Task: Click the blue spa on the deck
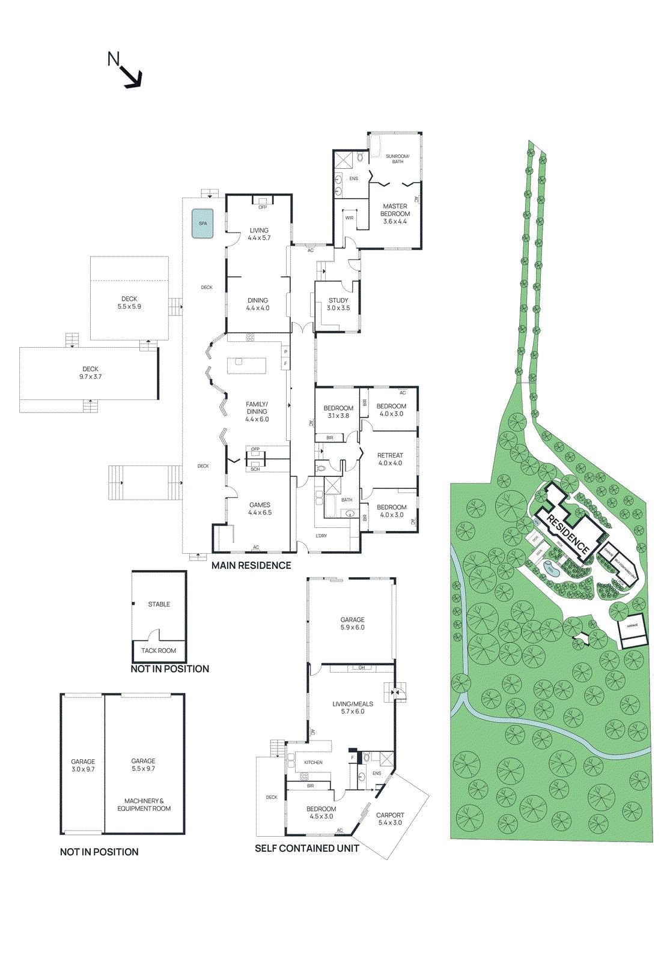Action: pyautogui.click(x=203, y=223)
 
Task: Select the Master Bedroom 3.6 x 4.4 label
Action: pyautogui.click(x=395, y=214)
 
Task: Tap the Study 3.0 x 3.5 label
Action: pyautogui.click(x=338, y=304)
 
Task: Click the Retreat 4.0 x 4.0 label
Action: pyautogui.click(x=390, y=459)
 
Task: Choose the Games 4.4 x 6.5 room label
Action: pyautogui.click(x=260, y=509)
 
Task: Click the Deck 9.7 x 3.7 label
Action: pyautogui.click(x=90, y=373)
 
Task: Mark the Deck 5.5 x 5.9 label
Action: pyautogui.click(x=129, y=303)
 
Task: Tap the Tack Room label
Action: pyautogui.click(x=159, y=650)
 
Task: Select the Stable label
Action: pyautogui.click(x=159, y=604)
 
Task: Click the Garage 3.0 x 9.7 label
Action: pyautogui.click(x=83, y=765)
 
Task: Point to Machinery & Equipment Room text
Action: pyautogui.click(x=144, y=805)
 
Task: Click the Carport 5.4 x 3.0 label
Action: pyautogui.click(x=390, y=819)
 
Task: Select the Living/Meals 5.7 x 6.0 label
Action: pyautogui.click(x=353, y=708)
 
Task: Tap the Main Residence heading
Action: pyautogui.click(x=251, y=566)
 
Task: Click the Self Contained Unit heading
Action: pyautogui.click(x=306, y=849)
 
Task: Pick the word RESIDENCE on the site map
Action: pyautogui.click(x=568, y=534)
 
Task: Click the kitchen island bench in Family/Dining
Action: pyautogui.click(x=246, y=366)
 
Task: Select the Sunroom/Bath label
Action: pyautogui.click(x=397, y=159)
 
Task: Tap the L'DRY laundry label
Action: pyautogui.click(x=321, y=536)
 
